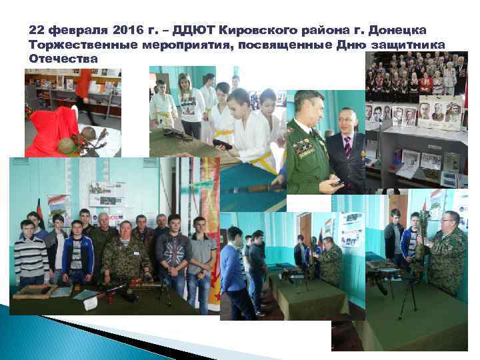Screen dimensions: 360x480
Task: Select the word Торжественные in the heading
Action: pos(83,45)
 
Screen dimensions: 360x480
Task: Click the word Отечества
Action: pos(63,58)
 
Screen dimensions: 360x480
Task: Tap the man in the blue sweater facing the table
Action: pos(233,267)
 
